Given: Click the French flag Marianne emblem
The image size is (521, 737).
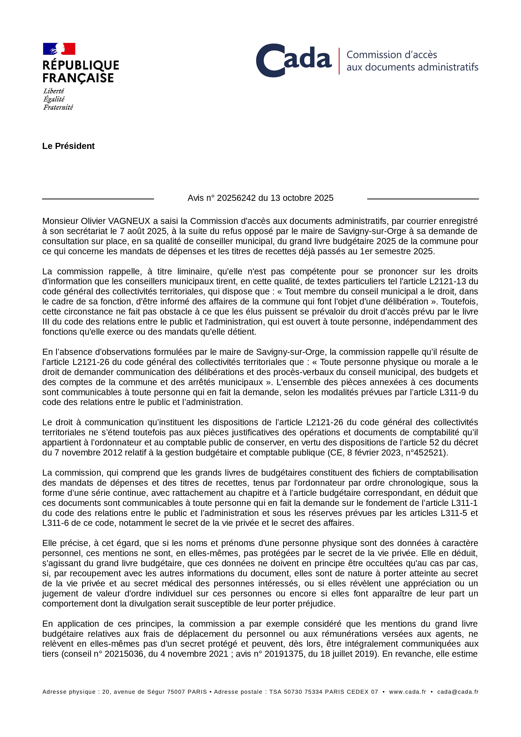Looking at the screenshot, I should click(x=59, y=49).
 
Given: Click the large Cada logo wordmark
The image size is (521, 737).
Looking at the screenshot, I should click(x=293, y=60).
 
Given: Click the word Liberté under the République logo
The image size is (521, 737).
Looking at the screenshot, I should click(x=54, y=91).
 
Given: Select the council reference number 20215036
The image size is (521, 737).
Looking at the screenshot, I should click(x=124, y=654).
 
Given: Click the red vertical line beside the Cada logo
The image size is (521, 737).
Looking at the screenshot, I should click(x=339, y=61).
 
